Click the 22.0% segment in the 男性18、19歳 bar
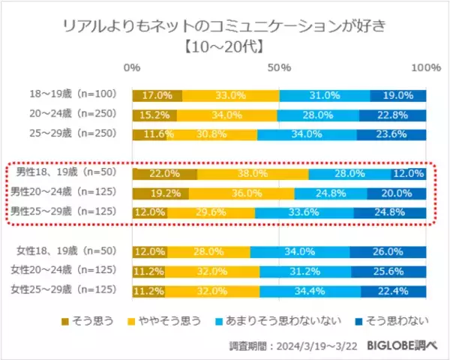165,173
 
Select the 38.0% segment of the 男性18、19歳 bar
253,173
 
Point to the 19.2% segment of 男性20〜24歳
160,193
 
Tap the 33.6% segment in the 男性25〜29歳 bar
304,212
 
